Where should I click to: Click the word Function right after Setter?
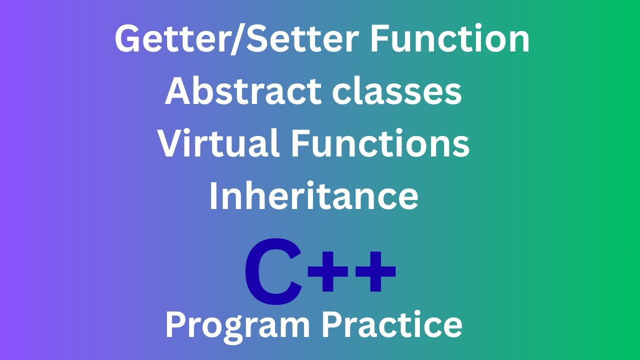(x=449, y=39)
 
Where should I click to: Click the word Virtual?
(x=218, y=143)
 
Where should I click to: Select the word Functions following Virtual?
(x=380, y=143)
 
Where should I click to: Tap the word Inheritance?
(x=313, y=196)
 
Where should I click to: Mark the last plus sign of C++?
(x=374, y=272)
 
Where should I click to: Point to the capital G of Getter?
(x=129, y=39)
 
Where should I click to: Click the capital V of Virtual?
(x=172, y=143)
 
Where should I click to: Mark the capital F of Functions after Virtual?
(x=299, y=143)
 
